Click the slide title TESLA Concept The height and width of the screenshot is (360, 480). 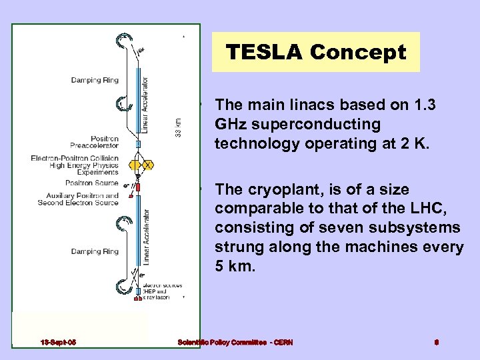pyautogui.click(x=316, y=52)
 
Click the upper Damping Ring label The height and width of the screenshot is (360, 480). pyautogui.click(x=95, y=81)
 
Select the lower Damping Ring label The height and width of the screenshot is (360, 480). pyautogui.click(x=95, y=251)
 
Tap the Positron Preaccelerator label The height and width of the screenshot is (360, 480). pyautogui.click(x=94, y=143)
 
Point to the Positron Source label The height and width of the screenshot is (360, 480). pyautogui.click(x=91, y=183)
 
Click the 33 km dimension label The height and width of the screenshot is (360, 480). pyautogui.click(x=177, y=129)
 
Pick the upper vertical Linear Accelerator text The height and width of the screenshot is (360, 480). pyautogui.click(x=146, y=103)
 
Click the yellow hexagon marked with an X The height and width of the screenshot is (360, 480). pyautogui.click(x=147, y=165)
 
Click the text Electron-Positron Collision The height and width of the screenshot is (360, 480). pyautogui.click(x=74, y=159)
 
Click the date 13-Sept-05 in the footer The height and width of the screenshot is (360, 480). pyautogui.click(x=57, y=343)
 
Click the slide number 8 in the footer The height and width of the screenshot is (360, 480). pyautogui.click(x=436, y=343)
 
